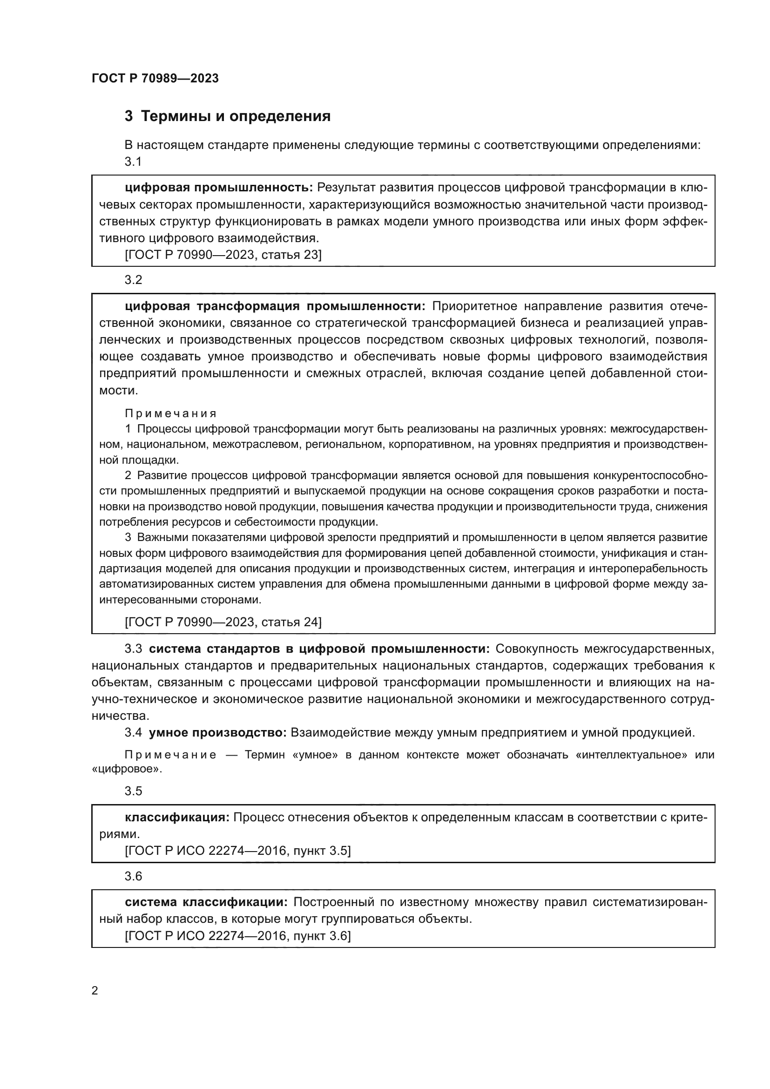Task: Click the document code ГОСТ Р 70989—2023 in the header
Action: click(x=155, y=78)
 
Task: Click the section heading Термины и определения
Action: click(x=236, y=116)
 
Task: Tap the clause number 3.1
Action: click(x=133, y=162)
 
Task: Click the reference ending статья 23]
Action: click(x=223, y=255)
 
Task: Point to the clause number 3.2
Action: click(x=133, y=280)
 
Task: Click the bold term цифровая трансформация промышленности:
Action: click(x=275, y=306)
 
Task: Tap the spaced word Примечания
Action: click(x=171, y=413)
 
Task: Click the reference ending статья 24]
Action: click(x=223, y=622)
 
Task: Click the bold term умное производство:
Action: click(x=217, y=733)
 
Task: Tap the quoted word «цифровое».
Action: click(x=127, y=769)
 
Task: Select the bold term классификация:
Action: click(x=177, y=817)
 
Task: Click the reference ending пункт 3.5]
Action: click(x=237, y=851)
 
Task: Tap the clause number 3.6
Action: click(x=133, y=876)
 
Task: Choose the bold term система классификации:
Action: click(x=206, y=902)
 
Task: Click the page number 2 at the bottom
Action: click(x=95, y=990)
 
